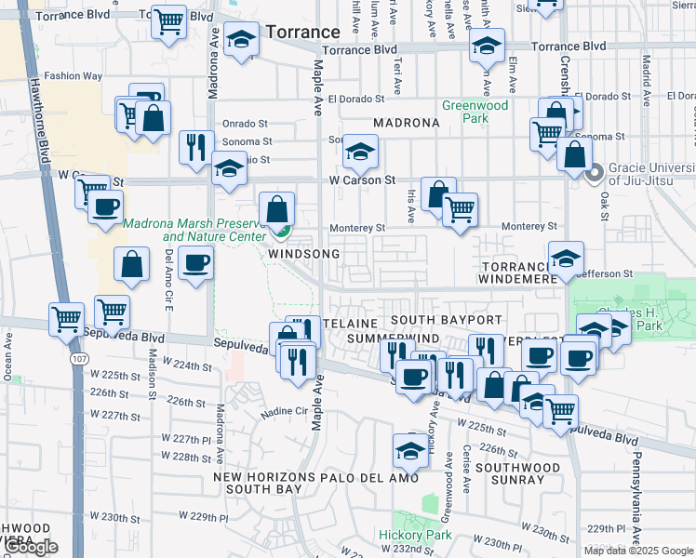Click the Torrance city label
302,32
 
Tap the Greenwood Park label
475,112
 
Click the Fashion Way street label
69,76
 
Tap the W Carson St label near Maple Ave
362,179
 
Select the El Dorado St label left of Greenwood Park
355,98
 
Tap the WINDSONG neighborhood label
298,253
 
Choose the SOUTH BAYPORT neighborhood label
439,320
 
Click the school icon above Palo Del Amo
409,449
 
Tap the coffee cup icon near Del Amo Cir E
194,264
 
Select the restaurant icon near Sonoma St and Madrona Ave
195,147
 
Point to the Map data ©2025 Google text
637,551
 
